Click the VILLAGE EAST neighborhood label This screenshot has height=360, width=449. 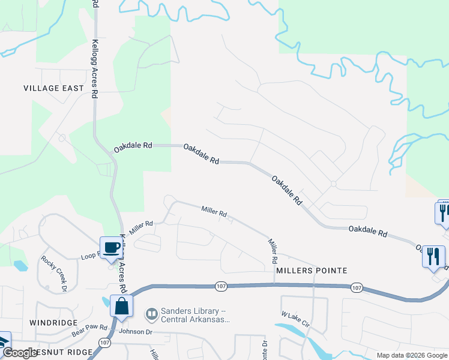[53, 88]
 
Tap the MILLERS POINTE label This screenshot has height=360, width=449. [312, 271]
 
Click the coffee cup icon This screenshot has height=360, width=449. [110, 248]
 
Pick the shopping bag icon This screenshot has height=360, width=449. [121, 307]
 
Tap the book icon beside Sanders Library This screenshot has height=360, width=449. [152, 313]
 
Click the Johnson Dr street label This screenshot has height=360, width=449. [137, 331]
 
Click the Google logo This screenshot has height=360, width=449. [20, 353]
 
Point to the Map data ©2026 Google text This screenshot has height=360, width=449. [411, 355]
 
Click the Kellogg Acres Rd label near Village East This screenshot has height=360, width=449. [95, 69]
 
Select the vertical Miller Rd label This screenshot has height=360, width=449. [273, 251]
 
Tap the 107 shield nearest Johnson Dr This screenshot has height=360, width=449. [106, 343]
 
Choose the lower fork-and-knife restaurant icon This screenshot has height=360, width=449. [433, 256]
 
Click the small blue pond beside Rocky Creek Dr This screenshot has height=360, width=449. [20, 265]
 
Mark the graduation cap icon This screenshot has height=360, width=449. [4, 341]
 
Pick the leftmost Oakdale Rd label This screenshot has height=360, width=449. [133, 146]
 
